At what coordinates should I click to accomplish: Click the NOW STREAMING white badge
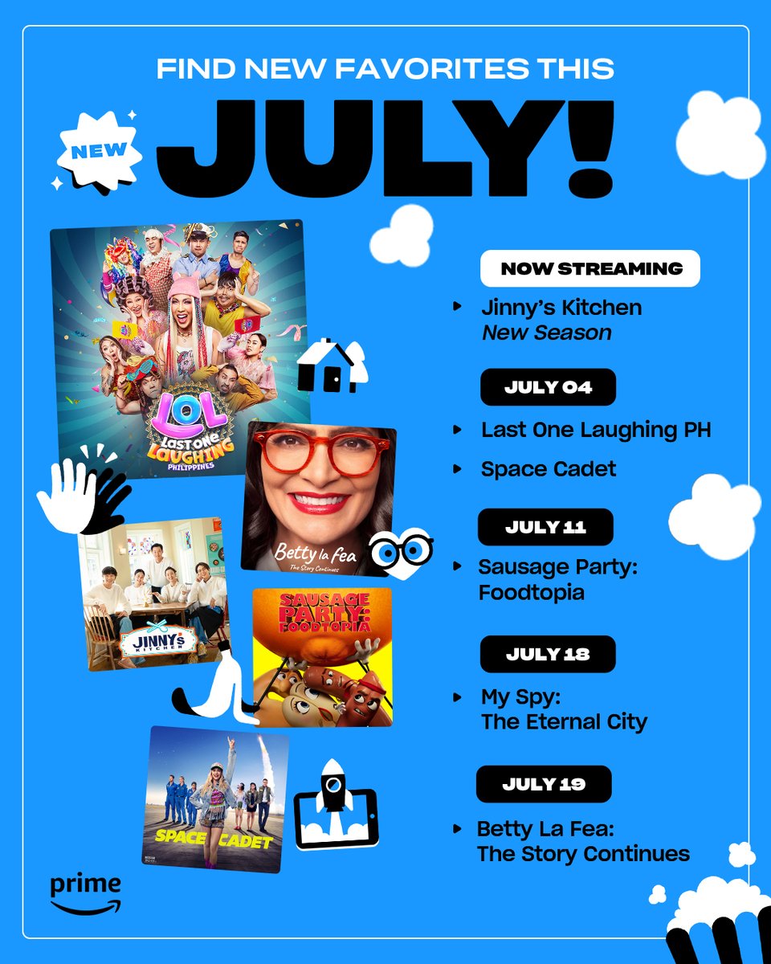(x=590, y=268)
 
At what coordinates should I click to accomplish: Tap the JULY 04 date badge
(x=548, y=387)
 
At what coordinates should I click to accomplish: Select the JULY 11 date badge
(x=545, y=527)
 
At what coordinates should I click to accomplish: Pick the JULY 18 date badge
(x=548, y=654)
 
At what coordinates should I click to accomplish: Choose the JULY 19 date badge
(x=544, y=784)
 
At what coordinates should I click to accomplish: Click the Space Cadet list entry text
(x=549, y=468)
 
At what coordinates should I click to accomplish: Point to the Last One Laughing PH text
(x=596, y=430)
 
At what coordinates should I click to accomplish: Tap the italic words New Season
(x=546, y=332)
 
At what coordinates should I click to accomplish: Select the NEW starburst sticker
(x=99, y=151)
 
